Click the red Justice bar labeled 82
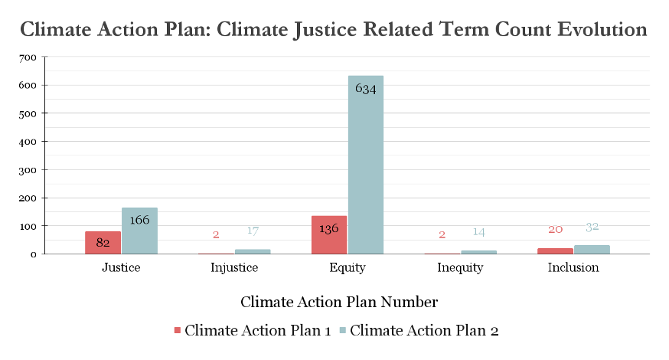point(103,243)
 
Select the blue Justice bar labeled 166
point(139,231)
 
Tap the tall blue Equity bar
point(366,165)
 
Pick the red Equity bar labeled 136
point(329,235)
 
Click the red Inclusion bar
point(555,251)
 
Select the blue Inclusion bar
point(592,250)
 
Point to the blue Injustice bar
point(253,251)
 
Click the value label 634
point(366,88)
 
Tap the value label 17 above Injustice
point(253,231)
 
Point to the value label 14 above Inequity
point(478,232)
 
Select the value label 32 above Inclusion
point(592,227)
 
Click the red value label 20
point(556,230)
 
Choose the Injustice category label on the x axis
point(234,268)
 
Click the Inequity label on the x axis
point(460,268)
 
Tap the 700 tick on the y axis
point(28,57)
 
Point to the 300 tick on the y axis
point(28,170)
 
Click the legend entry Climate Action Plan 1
point(253,330)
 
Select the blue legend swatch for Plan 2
point(343,330)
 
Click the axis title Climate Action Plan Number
point(339,302)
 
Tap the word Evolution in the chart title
point(602,29)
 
